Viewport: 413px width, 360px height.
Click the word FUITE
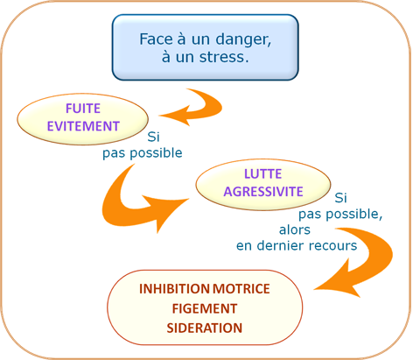83,109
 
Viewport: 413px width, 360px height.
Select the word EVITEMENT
83,126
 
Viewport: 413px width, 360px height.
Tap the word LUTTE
262,174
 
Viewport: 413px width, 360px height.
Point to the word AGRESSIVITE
263,192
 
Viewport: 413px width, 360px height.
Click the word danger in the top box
243,39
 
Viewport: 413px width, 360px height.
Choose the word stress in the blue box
224,57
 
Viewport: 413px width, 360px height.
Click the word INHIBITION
174,289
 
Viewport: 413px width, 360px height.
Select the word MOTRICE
241,289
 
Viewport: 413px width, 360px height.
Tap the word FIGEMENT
205,308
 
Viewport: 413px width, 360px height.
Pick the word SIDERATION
205,328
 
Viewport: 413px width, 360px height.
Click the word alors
295,229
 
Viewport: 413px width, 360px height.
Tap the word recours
333,246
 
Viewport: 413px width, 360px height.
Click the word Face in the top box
156,39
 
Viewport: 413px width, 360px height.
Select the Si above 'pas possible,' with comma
340,198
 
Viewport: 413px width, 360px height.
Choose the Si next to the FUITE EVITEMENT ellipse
153,137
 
